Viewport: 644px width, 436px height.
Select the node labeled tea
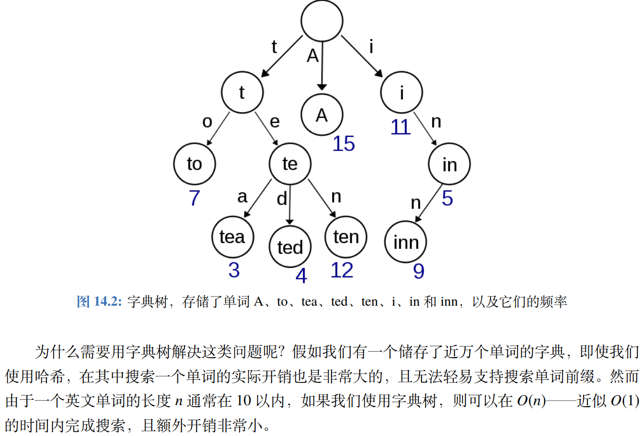tap(232, 236)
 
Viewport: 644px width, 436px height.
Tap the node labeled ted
tap(290, 247)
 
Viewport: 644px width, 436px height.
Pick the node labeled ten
tap(346, 236)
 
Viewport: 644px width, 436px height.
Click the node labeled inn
tap(406, 242)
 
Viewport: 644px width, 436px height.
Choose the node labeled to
tap(195, 164)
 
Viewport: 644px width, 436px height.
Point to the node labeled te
tap(290, 164)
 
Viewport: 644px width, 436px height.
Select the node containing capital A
tap(322, 115)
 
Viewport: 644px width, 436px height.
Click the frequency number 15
tap(344, 144)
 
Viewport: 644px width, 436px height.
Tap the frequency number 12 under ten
tap(342, 270)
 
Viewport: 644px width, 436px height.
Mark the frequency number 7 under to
tap(195, 198)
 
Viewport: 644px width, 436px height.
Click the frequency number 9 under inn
tap(419, 271)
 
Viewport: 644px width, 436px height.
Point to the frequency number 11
tap(400, 127)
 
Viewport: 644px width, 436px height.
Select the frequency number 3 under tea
tap(234, 270)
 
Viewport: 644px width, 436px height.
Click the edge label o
tap(207, 122)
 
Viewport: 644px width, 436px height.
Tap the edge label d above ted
tap(282, 199)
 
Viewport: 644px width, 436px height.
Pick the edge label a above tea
tap(243, 196)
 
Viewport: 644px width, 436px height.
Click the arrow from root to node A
tap(322, 66)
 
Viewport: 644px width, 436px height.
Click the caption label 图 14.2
tap(99, 302)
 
